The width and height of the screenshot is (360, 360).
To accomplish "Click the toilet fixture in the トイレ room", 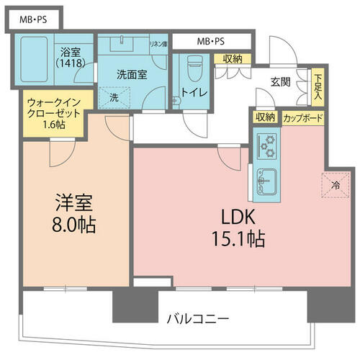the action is [194, 68].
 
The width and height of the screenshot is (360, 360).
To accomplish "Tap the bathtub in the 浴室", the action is [34, 59].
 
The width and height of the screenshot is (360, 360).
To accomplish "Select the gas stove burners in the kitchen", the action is [267, 146].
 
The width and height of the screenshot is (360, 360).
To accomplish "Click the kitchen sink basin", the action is [267, 181].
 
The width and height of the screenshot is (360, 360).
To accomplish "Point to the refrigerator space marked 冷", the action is [336, 185].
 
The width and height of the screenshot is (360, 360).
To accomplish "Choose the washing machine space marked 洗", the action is [114, 97].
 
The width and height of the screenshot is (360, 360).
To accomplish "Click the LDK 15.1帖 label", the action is [238, 228].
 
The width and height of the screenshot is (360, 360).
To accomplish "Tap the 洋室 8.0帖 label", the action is [74, 214].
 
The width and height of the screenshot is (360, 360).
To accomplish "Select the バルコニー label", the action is [198, 319].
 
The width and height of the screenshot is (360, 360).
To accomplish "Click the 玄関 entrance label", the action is [281, 82].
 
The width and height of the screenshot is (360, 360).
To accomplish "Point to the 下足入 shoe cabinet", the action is [318, 87].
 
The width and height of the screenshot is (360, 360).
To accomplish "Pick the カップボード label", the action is [303, 118].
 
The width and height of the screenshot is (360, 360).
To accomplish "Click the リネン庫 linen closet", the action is [158, 45].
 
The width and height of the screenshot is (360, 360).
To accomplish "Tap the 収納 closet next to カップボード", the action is [265, 117].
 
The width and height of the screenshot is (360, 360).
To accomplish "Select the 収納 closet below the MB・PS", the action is [233, 59].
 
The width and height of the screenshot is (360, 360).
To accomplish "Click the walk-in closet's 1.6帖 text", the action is [54, 125].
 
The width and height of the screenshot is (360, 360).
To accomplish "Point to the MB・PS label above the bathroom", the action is [33, 19].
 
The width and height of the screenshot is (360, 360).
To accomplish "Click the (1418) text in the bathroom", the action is [71, 63].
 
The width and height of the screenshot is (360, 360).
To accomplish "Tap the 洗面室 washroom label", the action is [132, 75].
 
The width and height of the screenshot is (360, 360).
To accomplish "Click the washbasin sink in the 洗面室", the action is [122, 43].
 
